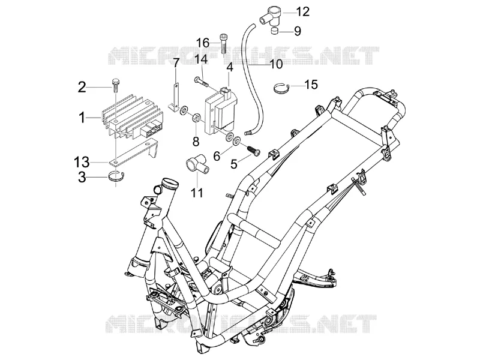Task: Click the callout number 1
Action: [82, 118]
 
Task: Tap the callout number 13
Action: [82, 161]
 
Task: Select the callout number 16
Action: [203, 43]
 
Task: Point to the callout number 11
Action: [197, 193]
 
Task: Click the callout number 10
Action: [276, 65]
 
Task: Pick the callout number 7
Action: [176, 64]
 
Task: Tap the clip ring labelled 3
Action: [116, 178]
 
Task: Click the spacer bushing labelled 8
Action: [196, 118]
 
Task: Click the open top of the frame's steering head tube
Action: [171, 182]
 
